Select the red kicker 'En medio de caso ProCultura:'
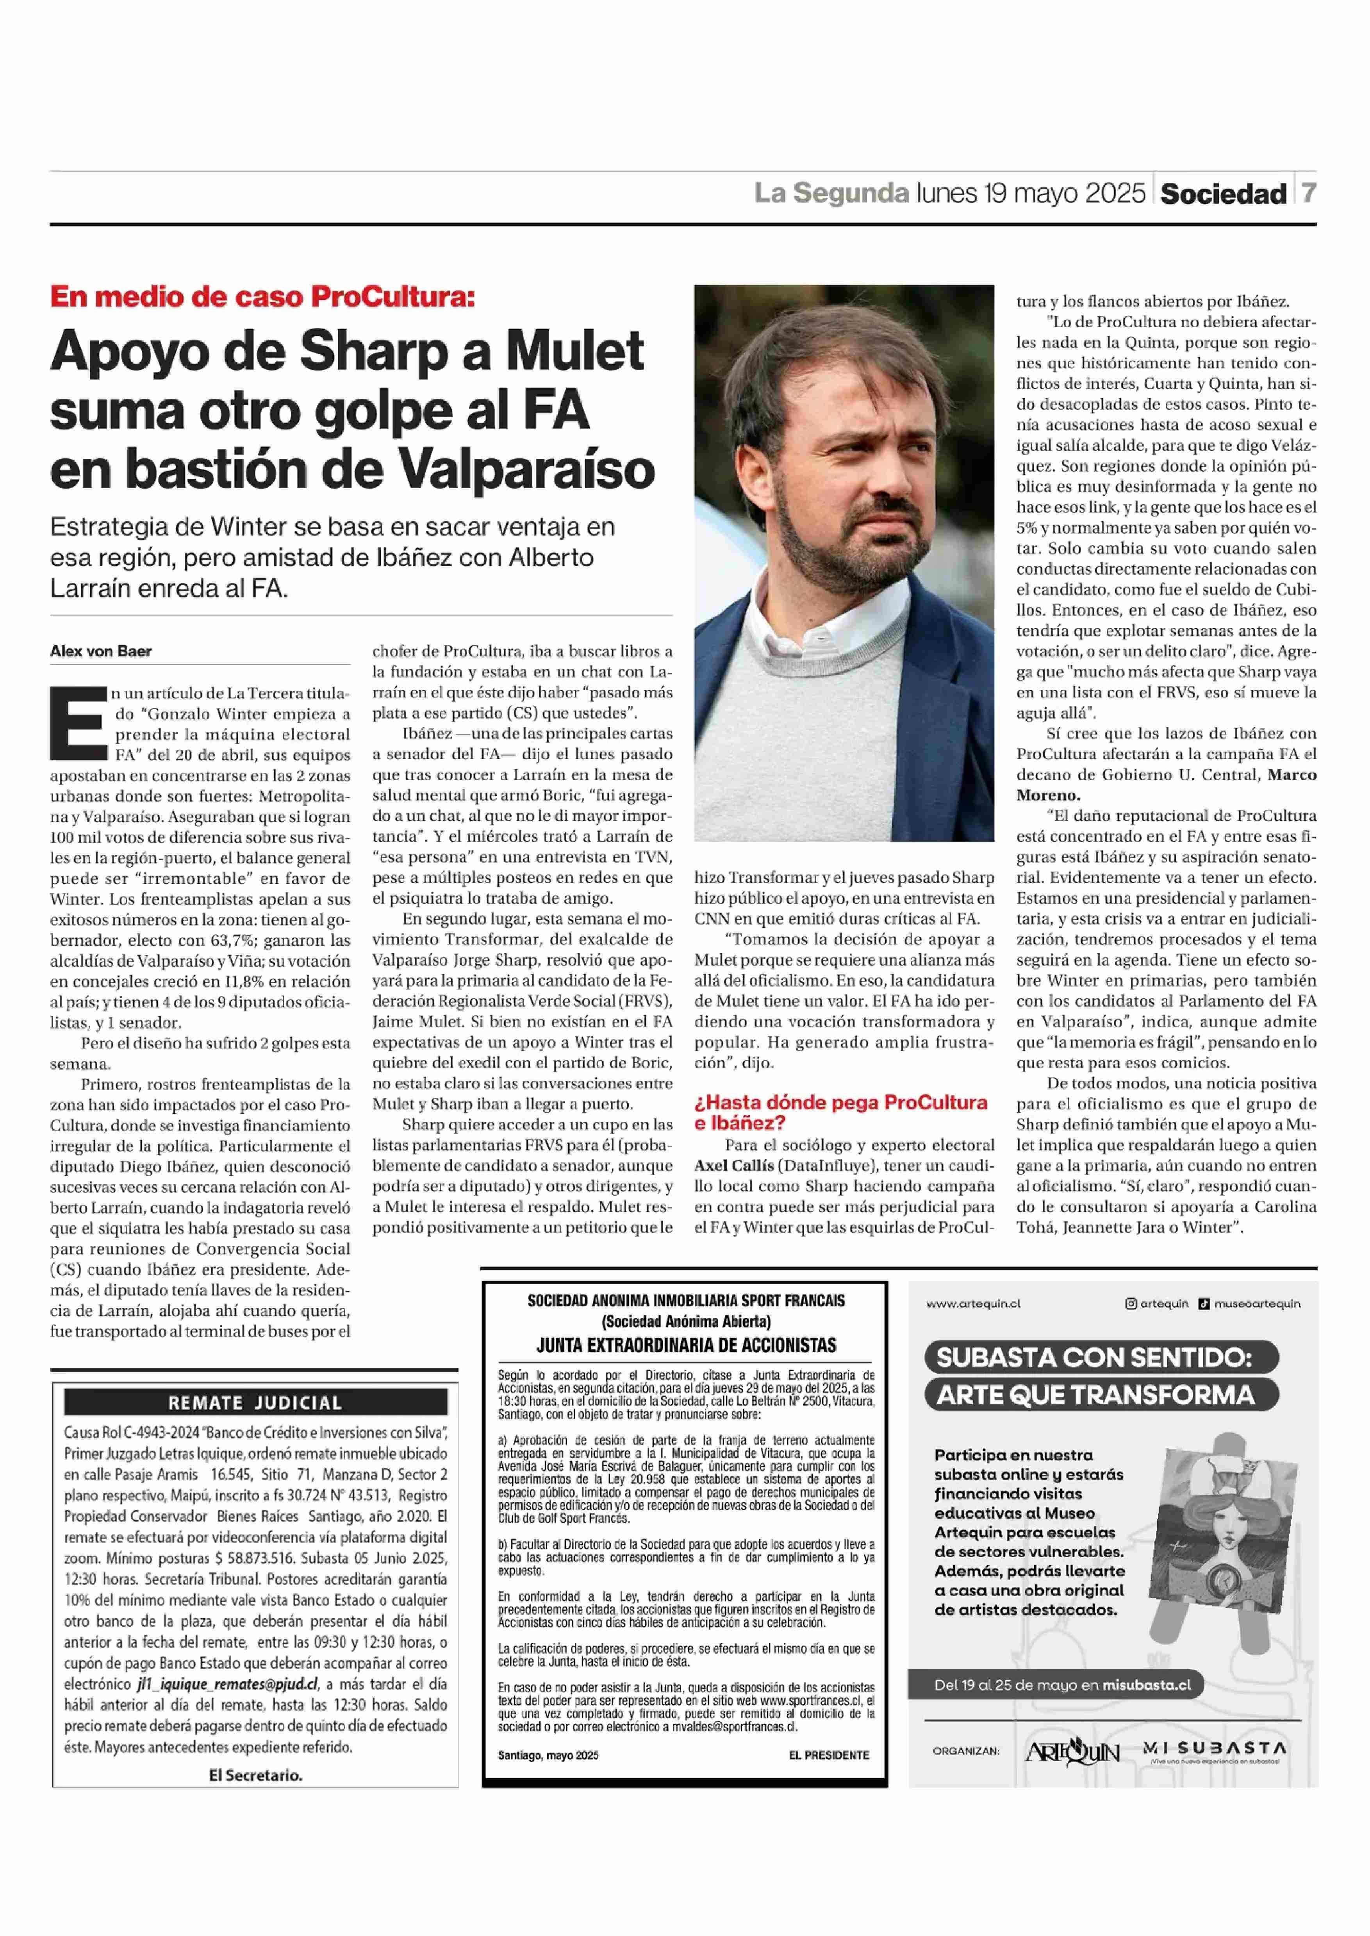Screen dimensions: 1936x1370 262,297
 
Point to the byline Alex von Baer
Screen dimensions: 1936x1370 101,651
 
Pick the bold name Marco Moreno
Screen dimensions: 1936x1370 1048,795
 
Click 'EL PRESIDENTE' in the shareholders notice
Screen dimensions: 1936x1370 828,1755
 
